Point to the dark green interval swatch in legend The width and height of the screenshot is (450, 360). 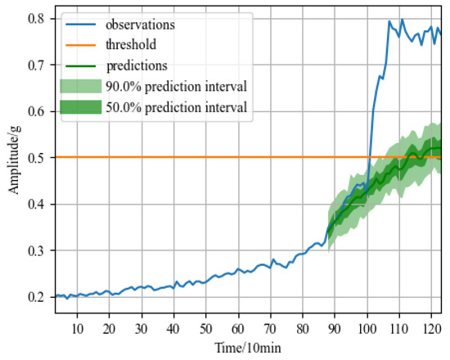coord(80,107)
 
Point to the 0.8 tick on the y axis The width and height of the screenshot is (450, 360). coord(34,18)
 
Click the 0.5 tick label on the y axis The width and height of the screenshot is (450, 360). coord(34,157)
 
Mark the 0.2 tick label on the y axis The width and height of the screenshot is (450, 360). coord(34,297)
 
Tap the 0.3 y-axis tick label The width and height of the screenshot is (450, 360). coord(34,250)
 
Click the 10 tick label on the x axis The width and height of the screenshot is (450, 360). coord(77,329)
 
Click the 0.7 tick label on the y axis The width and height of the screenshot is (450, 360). coord(34,65)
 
